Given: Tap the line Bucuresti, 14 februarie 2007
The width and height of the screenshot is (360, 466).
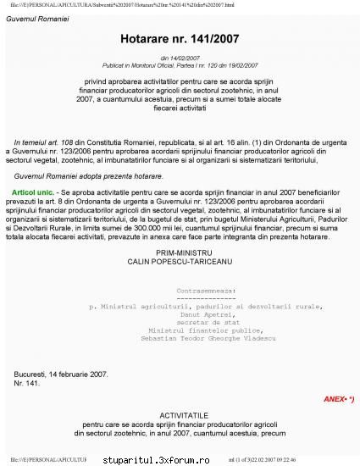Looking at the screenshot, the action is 61,374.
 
